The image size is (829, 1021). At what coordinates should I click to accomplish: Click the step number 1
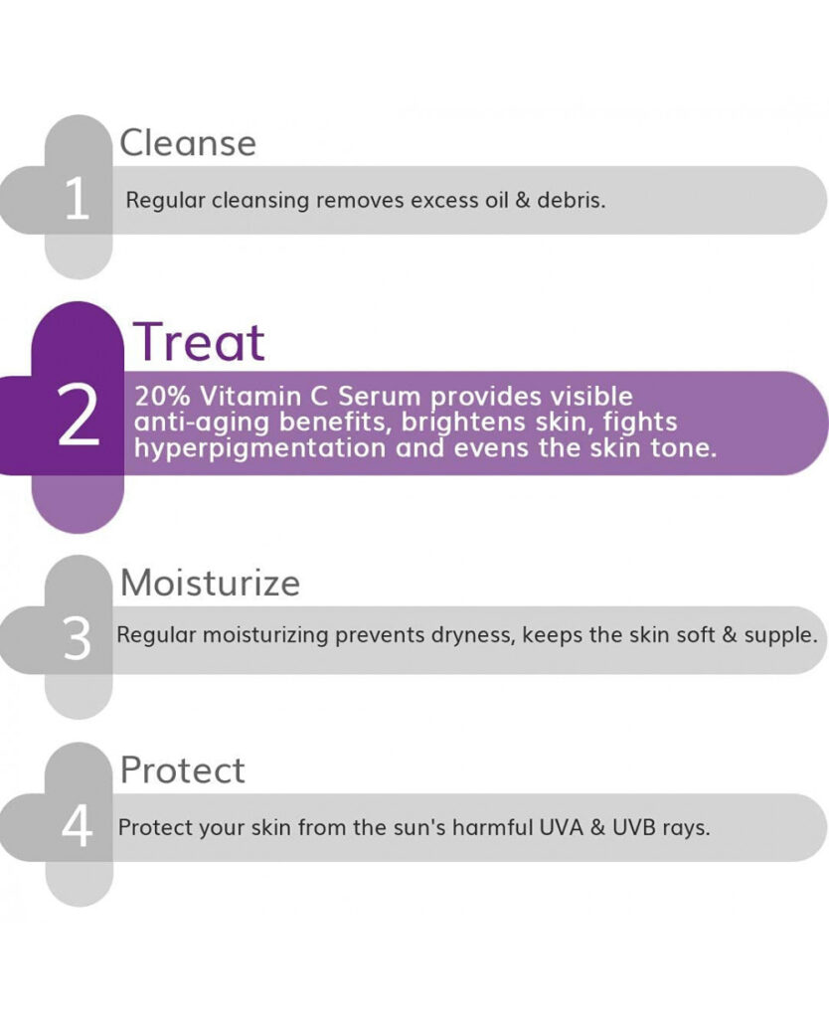point(77,198)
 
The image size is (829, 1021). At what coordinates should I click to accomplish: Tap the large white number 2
point(79,416)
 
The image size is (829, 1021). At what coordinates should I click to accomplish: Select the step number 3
point(77,639)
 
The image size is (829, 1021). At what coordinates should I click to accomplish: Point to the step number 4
point(77,826)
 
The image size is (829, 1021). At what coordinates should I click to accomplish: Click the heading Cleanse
point(188,142)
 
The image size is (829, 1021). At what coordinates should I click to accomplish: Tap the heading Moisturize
point(211,583)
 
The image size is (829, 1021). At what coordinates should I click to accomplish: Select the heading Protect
point(182,769)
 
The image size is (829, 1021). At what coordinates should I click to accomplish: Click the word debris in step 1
point(572,200)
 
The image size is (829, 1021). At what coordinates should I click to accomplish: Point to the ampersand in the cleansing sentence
point(522,200)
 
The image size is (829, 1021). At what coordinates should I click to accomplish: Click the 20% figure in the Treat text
point(162,396)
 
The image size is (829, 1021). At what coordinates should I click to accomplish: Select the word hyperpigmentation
point(259,448)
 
